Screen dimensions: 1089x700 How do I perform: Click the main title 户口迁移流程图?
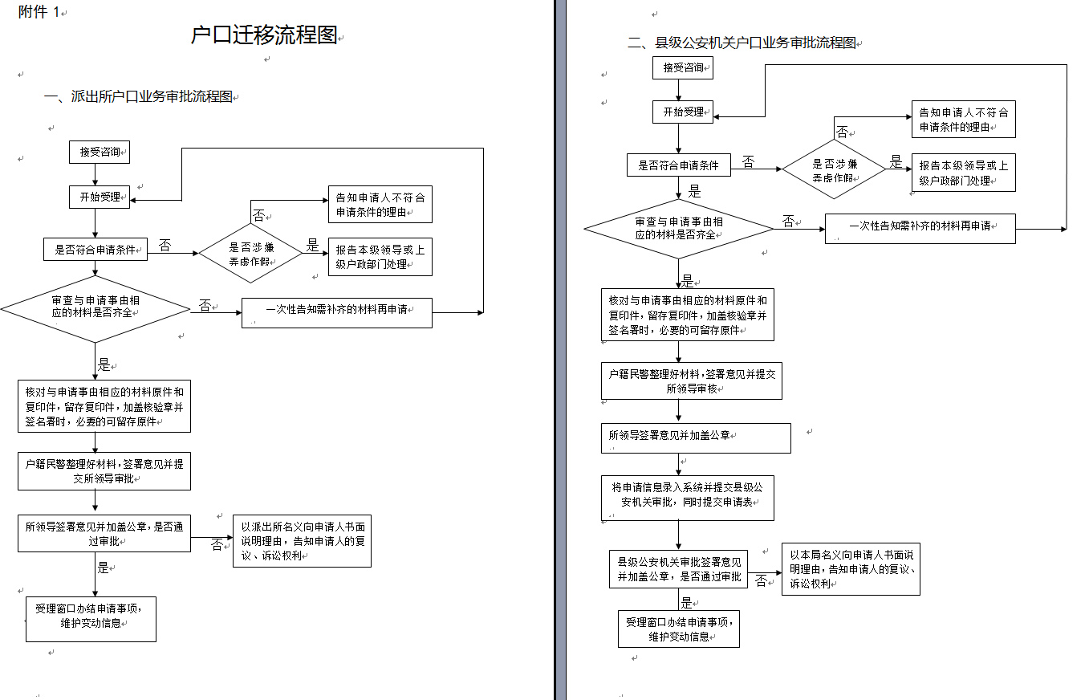[264, 35]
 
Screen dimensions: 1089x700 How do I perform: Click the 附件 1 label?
[39, 12]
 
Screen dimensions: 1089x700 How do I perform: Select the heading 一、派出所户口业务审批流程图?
[138, 96]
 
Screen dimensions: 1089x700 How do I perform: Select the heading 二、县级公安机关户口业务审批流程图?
[742, 43]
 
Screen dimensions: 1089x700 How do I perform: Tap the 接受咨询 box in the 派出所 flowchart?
[100, 153]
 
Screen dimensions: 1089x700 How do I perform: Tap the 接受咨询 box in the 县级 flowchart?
[683, 67]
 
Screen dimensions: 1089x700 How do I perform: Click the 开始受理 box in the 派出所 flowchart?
[100, 197]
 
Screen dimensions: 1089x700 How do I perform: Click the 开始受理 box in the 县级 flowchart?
[683, 112]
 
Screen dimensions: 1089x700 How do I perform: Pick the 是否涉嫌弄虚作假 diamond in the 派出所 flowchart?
[250, 254]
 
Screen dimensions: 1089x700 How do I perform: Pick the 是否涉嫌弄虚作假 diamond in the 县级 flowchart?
[834, 169]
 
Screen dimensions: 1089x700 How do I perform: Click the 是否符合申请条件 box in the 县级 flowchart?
[679, 165]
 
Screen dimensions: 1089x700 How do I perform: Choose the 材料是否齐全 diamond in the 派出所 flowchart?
[95, 309]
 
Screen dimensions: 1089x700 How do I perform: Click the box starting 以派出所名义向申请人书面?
[302, 541]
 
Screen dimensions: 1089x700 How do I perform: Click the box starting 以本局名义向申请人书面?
[851, 569]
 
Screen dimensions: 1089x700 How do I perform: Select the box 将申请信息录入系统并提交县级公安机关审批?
[688, 499]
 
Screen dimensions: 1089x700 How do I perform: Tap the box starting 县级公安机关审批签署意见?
[678, 569]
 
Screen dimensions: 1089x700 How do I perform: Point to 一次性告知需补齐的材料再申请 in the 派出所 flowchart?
[337, 313]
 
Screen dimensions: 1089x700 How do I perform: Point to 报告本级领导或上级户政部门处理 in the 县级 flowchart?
[964, 173]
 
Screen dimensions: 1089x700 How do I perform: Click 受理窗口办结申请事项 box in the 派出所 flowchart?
[91, 619]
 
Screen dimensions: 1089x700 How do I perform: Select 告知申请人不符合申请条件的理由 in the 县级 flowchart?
[964, 119]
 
